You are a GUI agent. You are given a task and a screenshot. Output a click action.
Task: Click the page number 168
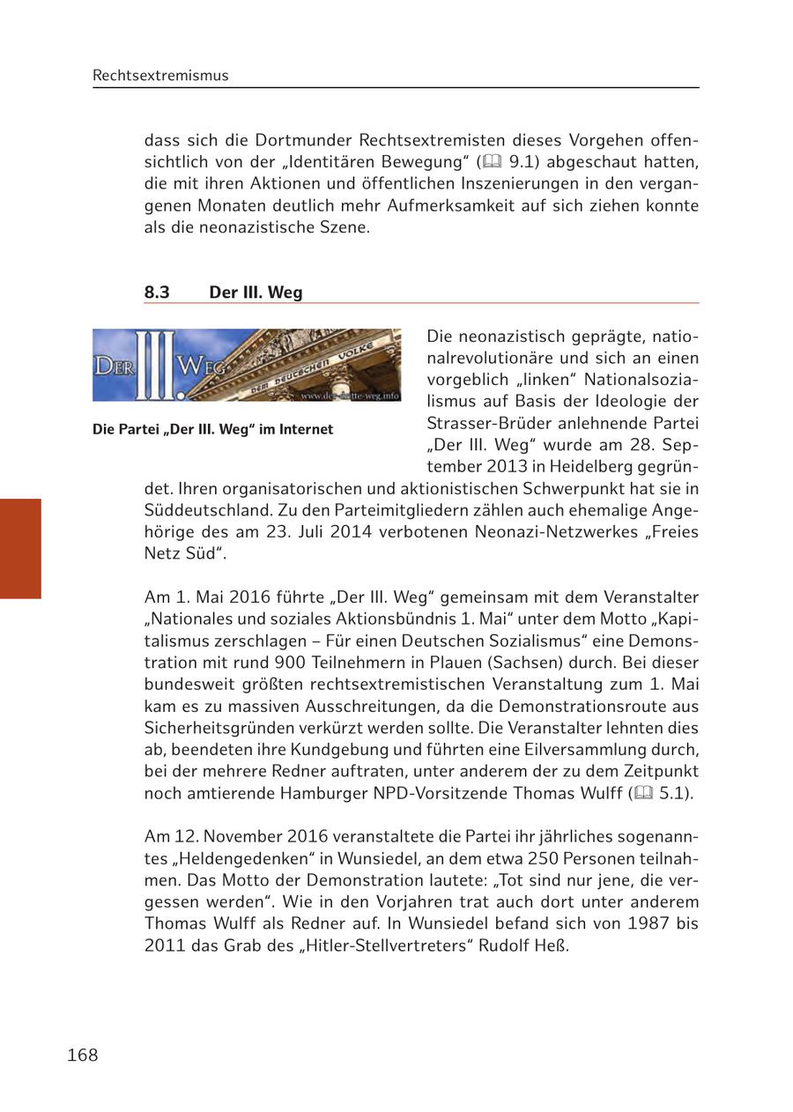pyautogui.click(x=82, y=1055)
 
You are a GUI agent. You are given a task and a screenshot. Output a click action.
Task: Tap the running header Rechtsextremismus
pyautogui.click(x=160, y=76)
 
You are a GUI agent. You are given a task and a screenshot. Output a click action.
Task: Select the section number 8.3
pyautogui.click(x=157, y=293)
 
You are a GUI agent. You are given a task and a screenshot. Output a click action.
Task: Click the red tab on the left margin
pyautogui.click(x=20, y=548)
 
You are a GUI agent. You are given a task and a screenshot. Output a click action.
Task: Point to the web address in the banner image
pyautogui.click(x=349, y=396)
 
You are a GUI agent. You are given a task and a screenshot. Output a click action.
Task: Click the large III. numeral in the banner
pyautogui.click(x=156, y=366)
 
